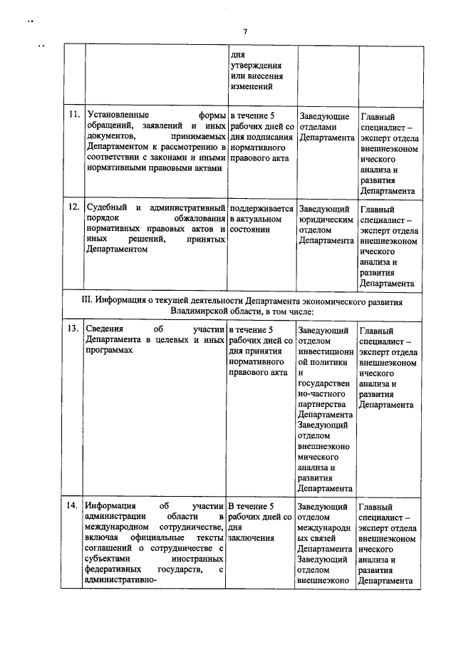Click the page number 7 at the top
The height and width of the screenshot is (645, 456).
244,31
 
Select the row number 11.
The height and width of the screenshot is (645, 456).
73,115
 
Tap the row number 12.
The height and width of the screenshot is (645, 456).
73,208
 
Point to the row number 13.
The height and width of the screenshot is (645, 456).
73,330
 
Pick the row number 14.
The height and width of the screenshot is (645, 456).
73,505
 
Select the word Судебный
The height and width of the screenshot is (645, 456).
107,208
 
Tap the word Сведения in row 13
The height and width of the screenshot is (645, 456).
104,330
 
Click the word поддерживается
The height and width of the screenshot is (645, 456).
261,208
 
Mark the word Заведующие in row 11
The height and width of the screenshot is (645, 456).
324,116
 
